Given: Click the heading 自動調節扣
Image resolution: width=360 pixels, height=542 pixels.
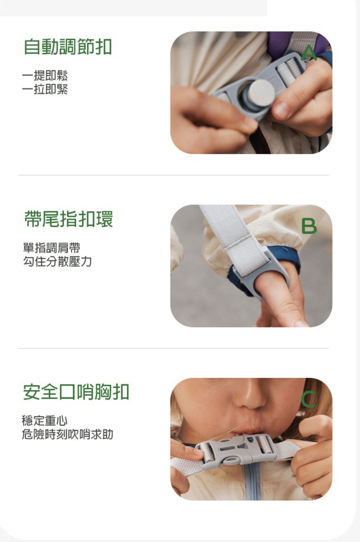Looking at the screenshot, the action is click(x=68, y=47).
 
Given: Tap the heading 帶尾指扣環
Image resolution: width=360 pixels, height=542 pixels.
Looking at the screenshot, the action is click(x=68, y=219).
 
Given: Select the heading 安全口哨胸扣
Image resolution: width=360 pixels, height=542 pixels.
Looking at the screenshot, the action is click(x=76, y=392).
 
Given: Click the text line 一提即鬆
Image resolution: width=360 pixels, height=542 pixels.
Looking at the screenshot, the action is click(x=45, y=75).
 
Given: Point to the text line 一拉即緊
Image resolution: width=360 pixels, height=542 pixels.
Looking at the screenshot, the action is click(x=45, y=89).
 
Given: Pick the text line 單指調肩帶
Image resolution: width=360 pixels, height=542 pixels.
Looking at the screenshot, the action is click(x=51, y=247).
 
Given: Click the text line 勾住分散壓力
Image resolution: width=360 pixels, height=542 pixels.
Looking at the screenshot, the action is click(x=57, y=262).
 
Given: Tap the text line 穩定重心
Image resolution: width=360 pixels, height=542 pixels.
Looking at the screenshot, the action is click(x=45, y=420).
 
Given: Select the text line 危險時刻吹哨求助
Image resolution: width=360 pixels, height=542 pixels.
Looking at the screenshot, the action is click(x=68, y=434).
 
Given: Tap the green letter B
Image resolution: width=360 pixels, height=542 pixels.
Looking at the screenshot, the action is click(x=309, y=226).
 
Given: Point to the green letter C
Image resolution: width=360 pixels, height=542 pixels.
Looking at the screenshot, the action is click(x=308, y=399).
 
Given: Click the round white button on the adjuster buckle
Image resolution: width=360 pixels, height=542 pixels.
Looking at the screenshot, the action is click(x=262, y=93).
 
